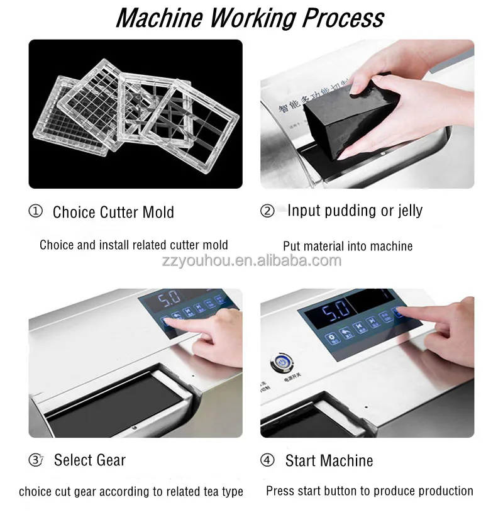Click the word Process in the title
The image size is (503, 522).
tap(343, 18)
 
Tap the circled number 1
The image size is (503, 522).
tap(36, 211)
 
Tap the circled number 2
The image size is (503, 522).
tap(267, 211)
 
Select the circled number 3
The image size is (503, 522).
tap(36, 460)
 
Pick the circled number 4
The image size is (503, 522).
tap(267, 460)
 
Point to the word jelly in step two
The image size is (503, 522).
tap(406, 211)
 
